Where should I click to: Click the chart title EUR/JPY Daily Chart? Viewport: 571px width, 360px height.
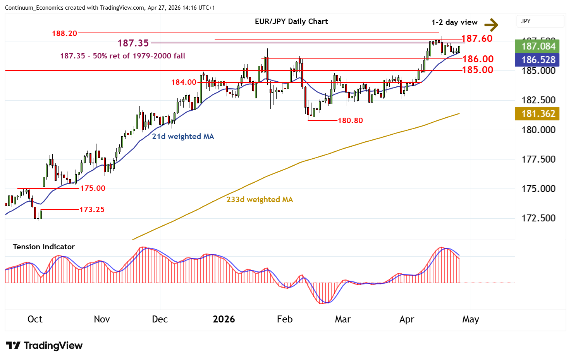pos(291,22)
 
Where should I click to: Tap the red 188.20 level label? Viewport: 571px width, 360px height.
pos(65,33)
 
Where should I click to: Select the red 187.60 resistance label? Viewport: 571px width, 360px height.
pos(477,38)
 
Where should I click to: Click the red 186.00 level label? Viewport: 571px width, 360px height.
pos(478,59)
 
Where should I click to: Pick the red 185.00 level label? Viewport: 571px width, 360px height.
pos(478,70)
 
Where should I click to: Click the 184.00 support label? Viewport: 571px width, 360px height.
pos(184,82)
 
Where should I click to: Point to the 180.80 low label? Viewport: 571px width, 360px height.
pos(350,120)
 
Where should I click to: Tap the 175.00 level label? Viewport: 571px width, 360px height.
pos(93,188)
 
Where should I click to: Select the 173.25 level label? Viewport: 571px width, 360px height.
pos(92,209)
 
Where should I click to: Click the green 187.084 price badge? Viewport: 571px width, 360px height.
pos(538,46)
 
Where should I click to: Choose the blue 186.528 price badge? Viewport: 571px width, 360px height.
pos(538,60)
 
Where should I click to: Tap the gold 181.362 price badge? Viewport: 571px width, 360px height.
pos(538,113)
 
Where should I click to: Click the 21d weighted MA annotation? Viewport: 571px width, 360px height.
pos(183,136)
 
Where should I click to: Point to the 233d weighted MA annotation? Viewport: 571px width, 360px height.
pos(260,199)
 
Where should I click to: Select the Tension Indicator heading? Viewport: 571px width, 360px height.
pos(44,247)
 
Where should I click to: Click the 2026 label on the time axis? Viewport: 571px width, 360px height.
pos(224,319)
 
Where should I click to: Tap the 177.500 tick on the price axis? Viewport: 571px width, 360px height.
pos(538,159)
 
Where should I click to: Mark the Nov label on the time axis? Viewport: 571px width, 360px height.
pos(102,319)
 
